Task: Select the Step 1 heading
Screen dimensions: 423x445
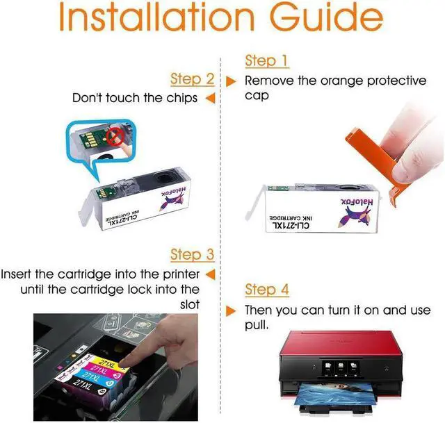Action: (266, 61)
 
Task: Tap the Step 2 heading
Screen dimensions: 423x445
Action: (192, 78)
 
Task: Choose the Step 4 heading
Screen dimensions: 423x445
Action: (267, 289)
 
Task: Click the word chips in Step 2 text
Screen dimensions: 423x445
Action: (180, 98)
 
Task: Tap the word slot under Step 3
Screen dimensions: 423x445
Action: (189, 304)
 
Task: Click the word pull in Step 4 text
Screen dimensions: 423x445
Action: (257, 325)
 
